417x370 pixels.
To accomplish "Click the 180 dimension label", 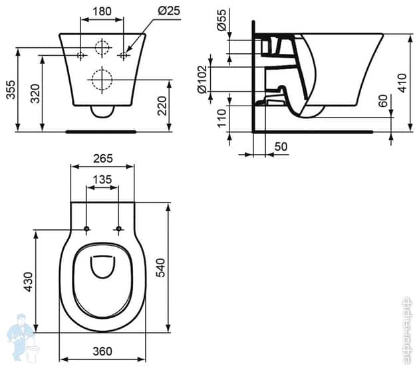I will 102,11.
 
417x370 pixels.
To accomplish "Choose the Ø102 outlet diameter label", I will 202,78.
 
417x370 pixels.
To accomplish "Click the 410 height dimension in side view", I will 402,82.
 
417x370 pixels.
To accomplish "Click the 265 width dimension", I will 102,158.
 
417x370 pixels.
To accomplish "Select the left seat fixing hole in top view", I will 87,230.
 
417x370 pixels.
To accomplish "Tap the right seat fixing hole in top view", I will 119,230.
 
